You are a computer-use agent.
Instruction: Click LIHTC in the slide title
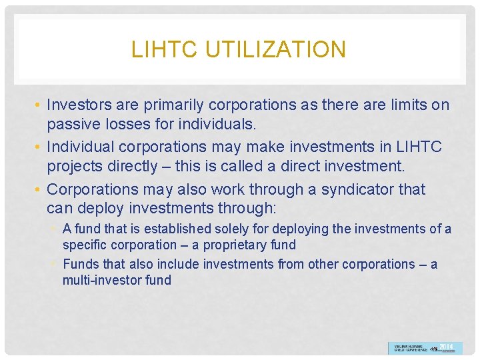[x=161, y=49]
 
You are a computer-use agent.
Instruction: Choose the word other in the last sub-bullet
[x=291, y=264]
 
